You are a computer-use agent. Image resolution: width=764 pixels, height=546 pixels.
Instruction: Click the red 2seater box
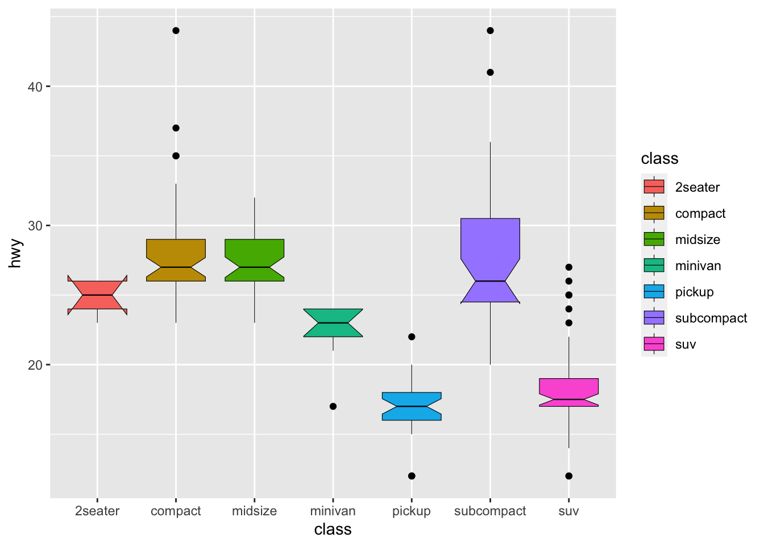pos(97,295)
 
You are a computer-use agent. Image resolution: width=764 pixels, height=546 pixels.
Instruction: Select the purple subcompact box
pos(490,256)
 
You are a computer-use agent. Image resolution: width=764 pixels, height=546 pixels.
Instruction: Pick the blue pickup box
pos(412,406)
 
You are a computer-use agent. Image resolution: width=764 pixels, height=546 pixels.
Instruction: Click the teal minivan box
pos(333,322)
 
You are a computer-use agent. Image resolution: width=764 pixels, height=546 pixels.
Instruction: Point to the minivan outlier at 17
pos(333,406)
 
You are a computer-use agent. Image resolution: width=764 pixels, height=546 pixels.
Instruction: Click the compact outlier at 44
pos(176,31)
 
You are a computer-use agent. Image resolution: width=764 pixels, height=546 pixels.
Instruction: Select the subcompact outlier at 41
pos(490,72)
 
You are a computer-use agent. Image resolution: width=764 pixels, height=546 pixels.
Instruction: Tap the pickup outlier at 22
pos(412,337)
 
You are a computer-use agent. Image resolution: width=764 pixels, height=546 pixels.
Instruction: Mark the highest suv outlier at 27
pos(568,267)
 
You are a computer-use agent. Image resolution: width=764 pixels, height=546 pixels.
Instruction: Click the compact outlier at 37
pos(176,128)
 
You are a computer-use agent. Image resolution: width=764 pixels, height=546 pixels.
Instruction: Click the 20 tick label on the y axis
pos(35,365)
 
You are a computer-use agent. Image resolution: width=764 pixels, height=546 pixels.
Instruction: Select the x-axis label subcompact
pos(490,511)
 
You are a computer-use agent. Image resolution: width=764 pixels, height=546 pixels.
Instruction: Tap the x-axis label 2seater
pos(97,511)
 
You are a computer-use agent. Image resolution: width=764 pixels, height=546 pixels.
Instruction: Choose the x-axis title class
pos(333,530)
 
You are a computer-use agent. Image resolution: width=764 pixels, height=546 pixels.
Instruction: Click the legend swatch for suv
pos(654,344)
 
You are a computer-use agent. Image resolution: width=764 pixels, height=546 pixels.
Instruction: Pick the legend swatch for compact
pos(654,213)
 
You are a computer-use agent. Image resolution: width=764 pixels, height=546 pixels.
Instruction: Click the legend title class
pos(659,159)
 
